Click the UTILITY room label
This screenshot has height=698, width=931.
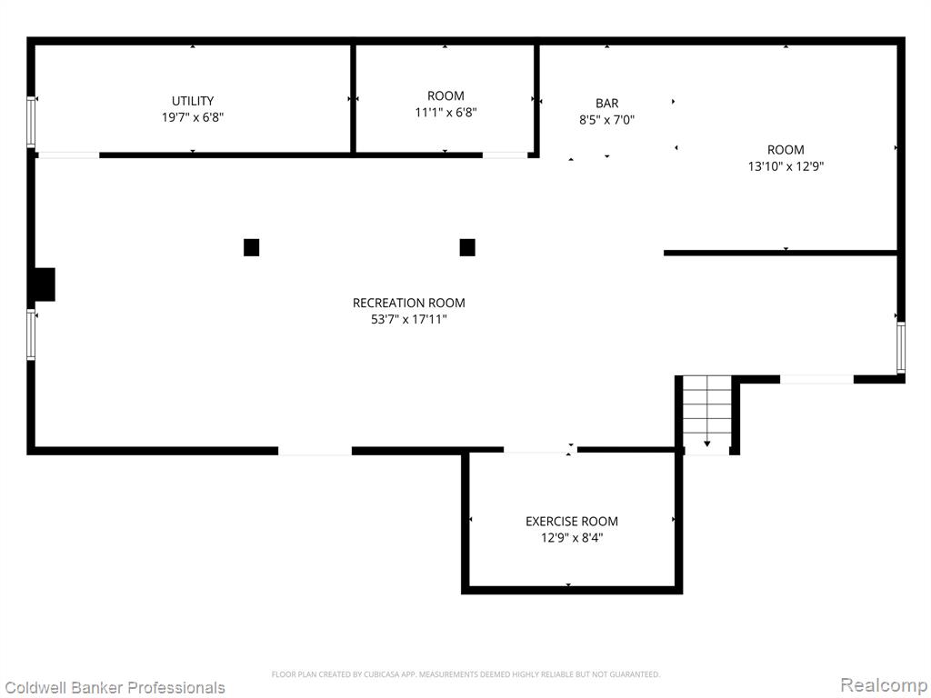[x=193, y=101]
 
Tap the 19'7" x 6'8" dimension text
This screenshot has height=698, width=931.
[x=193, y=117]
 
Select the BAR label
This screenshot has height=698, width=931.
[x=606, y=104]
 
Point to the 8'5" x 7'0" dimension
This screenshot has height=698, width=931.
[x=606, y=120]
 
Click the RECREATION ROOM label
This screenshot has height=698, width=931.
[x=408, y=303]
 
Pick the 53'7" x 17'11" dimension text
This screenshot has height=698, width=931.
[x=408, y=319]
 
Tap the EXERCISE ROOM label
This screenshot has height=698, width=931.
[x=571, y=521]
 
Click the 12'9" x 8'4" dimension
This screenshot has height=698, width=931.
[x=571, y=538]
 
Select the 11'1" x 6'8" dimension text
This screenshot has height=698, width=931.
[x=445, y=112]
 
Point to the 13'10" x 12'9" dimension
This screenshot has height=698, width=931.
[x=786, y=166]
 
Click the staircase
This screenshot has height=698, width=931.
[x=706, y=414]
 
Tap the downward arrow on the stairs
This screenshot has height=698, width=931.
[x=706, y=444]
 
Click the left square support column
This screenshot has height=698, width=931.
[x=251, y=247]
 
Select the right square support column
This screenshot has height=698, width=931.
[x=467, y=247]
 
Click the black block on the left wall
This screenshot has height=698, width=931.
[x=45, y=284]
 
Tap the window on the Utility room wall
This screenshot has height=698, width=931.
[x=31, y=122]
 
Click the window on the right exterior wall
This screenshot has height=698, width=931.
[x=901, y=347]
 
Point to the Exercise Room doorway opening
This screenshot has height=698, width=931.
[x=540, y=451]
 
